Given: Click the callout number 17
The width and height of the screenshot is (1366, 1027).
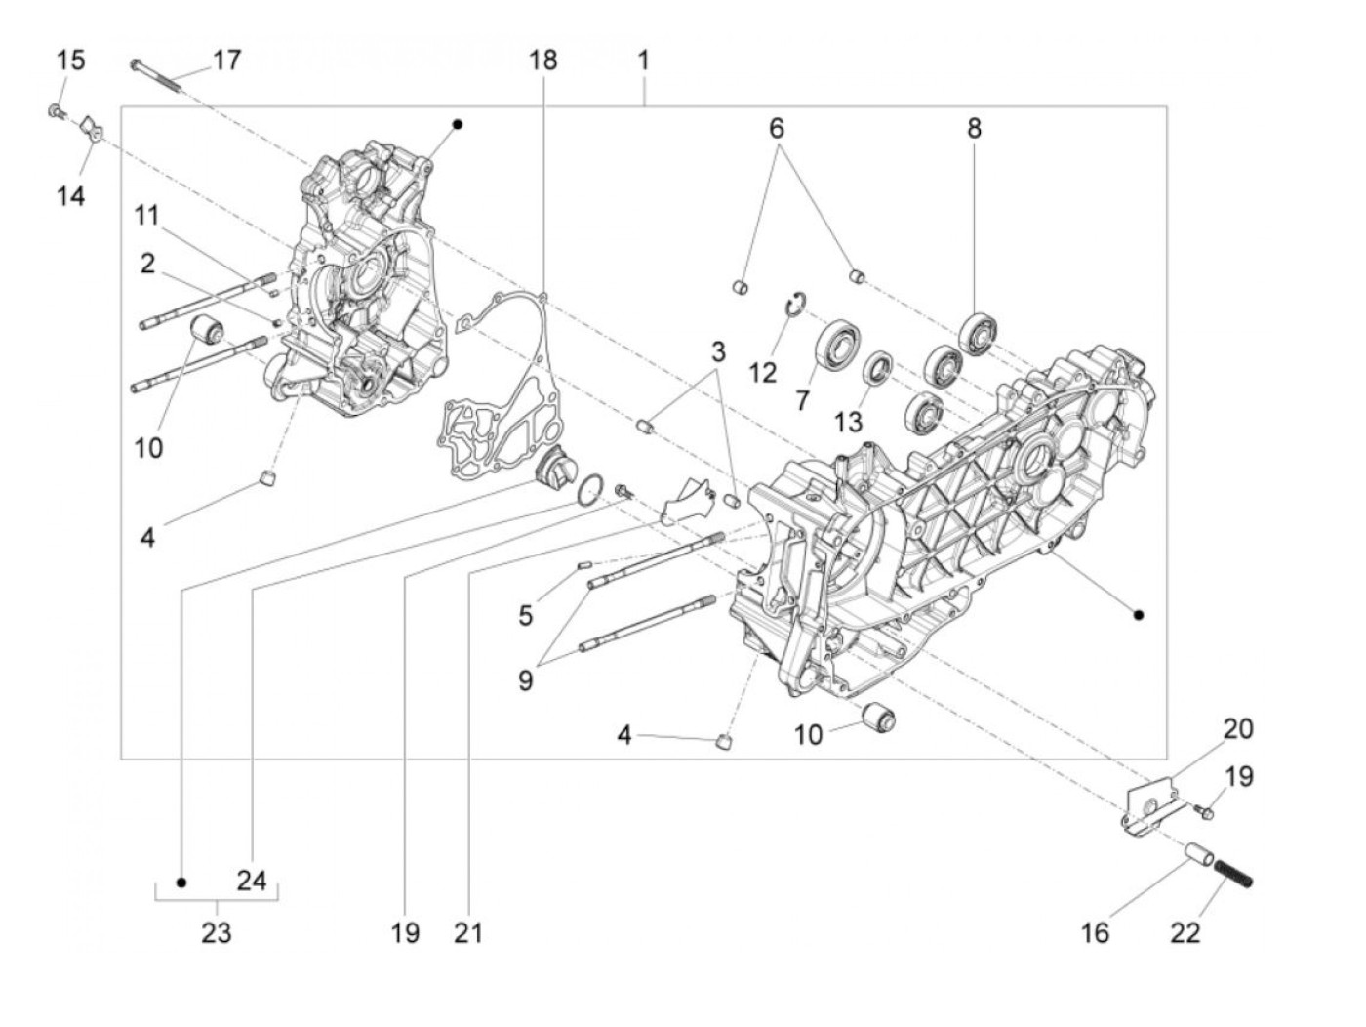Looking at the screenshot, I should click(x=226, y=60).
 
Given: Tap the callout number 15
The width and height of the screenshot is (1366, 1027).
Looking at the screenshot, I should click(x=70, y=60).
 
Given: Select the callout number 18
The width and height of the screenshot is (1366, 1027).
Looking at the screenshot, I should click(x=543, y=60).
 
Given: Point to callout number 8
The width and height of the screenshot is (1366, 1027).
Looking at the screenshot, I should click(x=974, y=128).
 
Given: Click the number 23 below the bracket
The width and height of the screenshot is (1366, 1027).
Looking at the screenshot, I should click(x=217, y=932).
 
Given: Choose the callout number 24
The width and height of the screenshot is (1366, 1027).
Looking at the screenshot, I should click(x=252, y=881).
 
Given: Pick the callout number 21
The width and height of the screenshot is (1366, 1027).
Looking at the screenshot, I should click(x=468, y=932).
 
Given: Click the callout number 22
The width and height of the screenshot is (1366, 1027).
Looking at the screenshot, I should click(x=1185, y=932).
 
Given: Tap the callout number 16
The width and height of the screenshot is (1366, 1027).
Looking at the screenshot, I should click(x=1096, y=932).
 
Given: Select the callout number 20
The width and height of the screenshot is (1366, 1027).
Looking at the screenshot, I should click(x=1238, y=728).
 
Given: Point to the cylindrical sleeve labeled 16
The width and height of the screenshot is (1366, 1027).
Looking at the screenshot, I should click(x=1198, y=857).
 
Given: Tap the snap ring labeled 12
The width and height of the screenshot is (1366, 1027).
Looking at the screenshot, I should click(x=797, y=306).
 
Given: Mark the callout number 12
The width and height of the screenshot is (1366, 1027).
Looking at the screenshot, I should click(x=763, y=372).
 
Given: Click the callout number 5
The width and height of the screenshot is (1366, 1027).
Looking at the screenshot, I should click(x=526, y=615).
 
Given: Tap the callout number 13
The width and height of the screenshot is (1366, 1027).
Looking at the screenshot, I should click(x=849, y=422).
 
